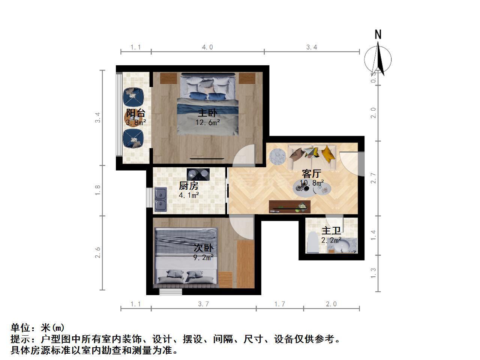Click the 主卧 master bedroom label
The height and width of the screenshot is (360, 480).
click(207, 113)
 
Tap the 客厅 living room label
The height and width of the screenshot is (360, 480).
click(311, 174)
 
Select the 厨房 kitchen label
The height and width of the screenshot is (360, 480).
click(189, 186)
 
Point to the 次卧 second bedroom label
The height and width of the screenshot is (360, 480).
click(203, 248)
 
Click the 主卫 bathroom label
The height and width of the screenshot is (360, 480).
click(331, 231)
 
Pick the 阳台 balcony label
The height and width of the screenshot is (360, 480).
click(136, 113)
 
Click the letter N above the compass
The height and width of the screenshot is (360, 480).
click(378, 34)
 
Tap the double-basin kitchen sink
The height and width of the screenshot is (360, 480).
click(161, 199)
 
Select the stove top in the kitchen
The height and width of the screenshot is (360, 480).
click(198, 174)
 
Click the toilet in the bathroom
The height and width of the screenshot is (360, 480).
click(313, 243)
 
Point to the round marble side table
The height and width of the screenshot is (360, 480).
click(277, 157)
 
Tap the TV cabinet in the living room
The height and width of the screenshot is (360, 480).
click(289, 207)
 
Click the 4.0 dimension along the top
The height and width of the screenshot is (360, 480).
click(207, 47)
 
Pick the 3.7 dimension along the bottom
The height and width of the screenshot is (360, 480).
click(203, 304)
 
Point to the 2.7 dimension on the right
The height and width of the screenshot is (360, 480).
click(373, 178)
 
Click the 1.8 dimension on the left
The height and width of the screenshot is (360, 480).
click(97, 190)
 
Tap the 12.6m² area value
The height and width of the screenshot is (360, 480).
click(207, 122)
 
